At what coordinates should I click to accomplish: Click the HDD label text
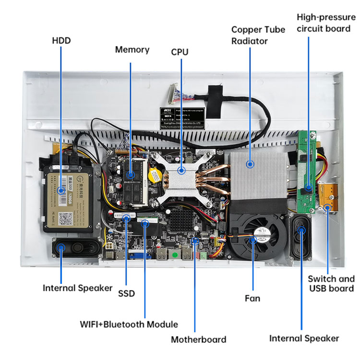click(61, 40)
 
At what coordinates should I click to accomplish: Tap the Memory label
click(132, 49)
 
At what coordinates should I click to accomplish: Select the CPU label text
click(180, 51)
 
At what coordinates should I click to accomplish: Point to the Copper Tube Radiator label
click(249, 35)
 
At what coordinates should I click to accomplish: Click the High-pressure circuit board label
click(326, 23)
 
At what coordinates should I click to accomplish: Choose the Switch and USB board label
click(331, 283)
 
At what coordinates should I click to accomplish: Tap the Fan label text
click(252, 298)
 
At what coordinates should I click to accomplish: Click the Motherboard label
click(198, 339)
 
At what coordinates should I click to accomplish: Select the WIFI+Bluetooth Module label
click(129, 324)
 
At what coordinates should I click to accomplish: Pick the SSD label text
click(126, 293)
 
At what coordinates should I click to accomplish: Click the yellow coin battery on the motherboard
click(154, 175)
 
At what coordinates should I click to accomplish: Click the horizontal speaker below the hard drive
click(76, 249)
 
